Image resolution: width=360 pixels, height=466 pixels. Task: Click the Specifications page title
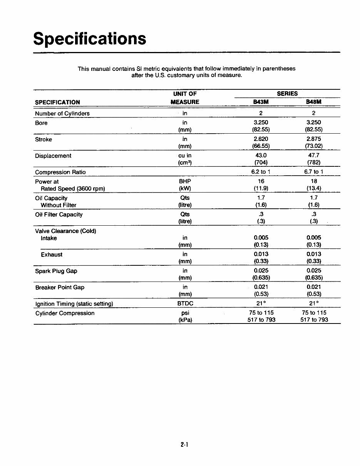tap(90, 39)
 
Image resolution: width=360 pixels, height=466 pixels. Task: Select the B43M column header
tap(261, 102)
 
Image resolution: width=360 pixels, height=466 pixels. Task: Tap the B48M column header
tap(313, 102)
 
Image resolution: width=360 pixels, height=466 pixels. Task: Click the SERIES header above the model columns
tap(287, 94)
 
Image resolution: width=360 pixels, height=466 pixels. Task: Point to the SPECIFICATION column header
tap(57, 102)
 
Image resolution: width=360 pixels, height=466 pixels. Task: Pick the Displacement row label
tap(53, 156)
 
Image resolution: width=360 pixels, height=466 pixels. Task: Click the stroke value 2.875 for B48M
tap(313, 139)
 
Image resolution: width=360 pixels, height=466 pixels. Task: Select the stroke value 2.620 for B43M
tap(261, 139)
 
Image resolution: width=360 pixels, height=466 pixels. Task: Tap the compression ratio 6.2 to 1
tap(261, 172)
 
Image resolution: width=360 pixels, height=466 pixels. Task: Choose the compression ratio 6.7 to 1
tap(313, 172)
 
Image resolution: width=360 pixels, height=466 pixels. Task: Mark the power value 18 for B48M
tap(313, 181)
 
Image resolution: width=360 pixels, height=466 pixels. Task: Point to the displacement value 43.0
tap(261, 156)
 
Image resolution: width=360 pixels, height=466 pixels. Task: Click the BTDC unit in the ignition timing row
tap(185, 304)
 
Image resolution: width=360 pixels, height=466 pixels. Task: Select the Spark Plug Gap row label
tap(56, 271)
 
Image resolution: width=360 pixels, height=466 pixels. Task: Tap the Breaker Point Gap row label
tap(60, 287)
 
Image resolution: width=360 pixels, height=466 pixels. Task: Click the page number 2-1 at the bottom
tap(184, 445)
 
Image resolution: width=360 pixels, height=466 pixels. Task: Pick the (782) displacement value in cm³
tap(313, 163)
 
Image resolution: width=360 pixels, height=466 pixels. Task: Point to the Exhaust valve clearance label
tap(52, 255)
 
